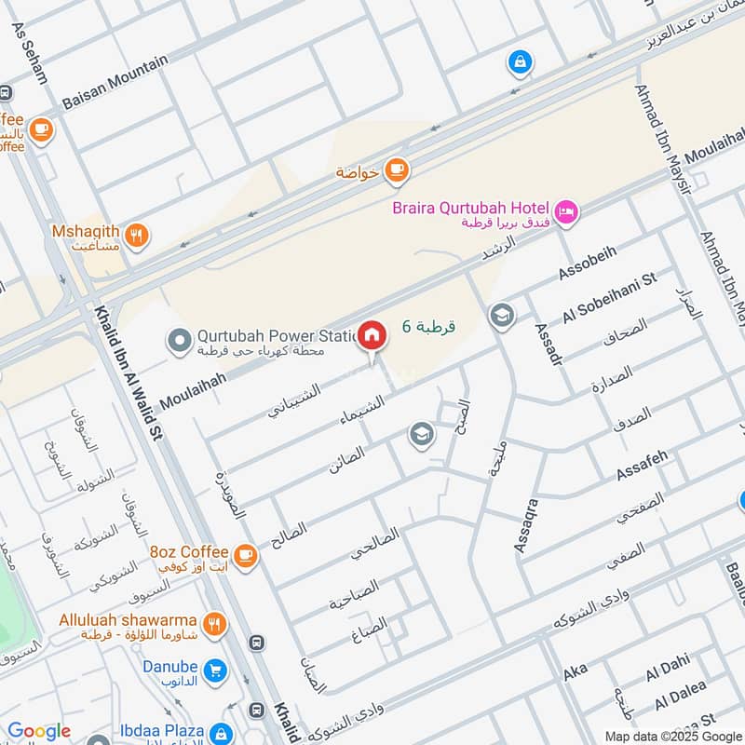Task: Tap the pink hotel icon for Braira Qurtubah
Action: (566, 213)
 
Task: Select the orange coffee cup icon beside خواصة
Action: (397, 169)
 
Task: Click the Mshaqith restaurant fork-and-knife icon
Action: (137, 236)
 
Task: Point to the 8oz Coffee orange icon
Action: (245, 557)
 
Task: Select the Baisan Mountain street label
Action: (115, 82)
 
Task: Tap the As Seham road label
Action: (30, 53)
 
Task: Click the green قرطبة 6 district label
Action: (428, 327)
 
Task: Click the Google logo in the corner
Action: (38, 731)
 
